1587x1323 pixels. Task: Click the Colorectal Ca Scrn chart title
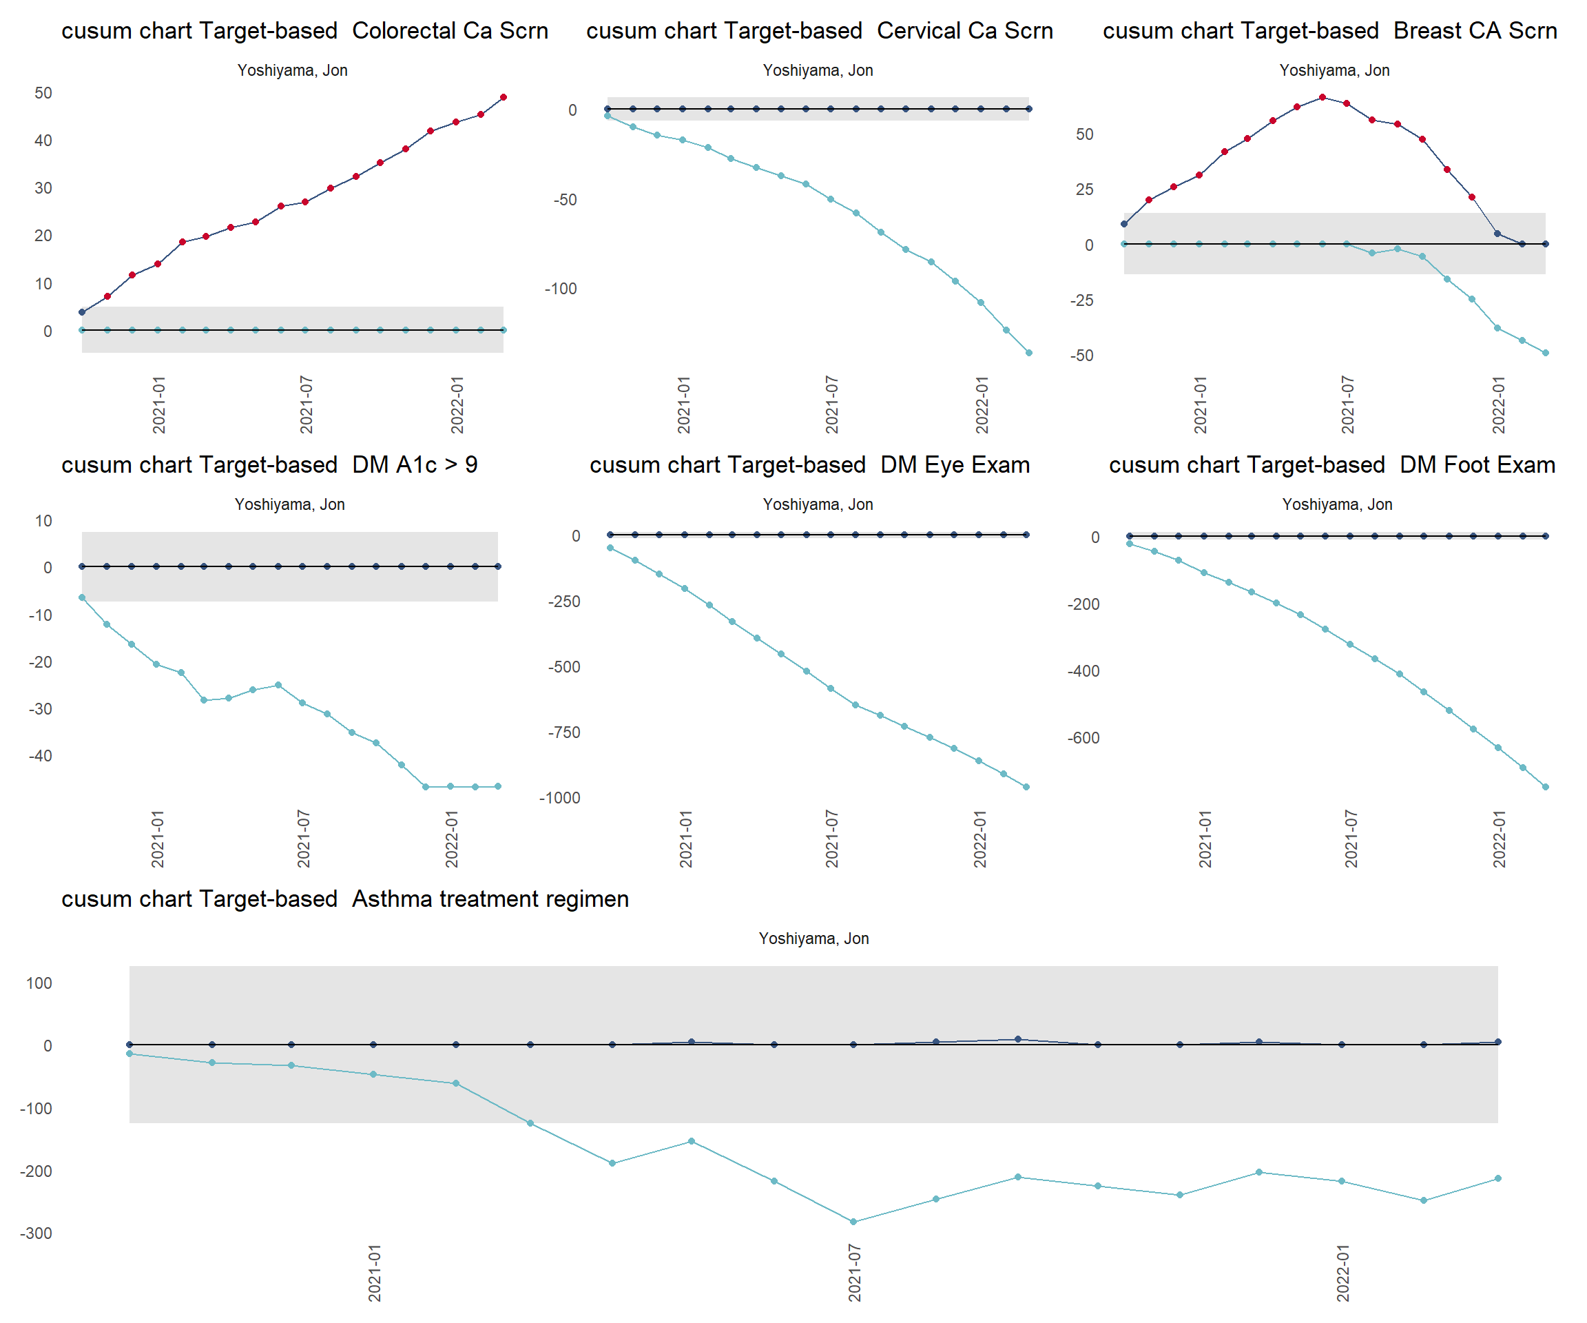(x=304, y=31)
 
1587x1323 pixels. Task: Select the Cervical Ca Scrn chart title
(x=819, y=31)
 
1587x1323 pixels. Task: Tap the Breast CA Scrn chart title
(x=1329, y=31)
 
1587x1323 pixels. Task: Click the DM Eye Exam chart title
(x=809, y=465)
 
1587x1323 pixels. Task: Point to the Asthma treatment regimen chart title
(x=344, y=899)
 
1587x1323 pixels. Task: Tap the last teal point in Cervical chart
(x=1028, y=353)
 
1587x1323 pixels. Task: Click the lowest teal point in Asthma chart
(x=853, y=1222)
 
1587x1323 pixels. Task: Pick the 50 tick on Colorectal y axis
(x=43, y=93)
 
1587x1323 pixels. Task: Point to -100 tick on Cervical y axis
(x=561, y=289)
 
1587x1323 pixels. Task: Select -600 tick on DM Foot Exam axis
(x=1083, y=739)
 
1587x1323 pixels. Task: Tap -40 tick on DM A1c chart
(x=41, y=756)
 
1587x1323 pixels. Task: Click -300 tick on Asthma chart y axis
(x=37, y=1234)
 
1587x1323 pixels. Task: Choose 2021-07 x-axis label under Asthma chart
(x=855, y=1273)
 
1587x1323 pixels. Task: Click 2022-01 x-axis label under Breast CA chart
(x=1499, y=405)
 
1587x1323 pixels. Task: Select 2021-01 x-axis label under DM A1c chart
(x=157, y=839)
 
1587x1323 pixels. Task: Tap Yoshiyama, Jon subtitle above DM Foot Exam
(x=1337, y=505)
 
